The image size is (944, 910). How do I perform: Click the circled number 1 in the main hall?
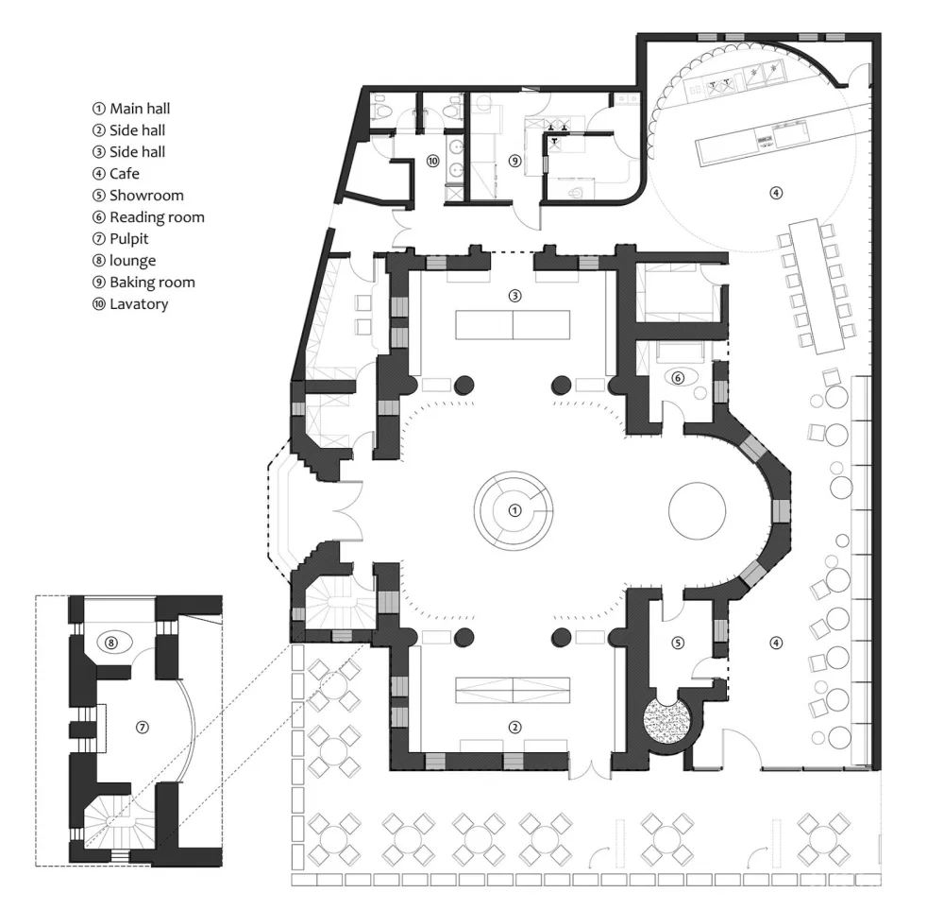tap(514, 510)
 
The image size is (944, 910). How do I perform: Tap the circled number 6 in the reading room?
tap(677, 377)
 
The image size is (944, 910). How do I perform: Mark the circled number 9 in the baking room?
tap(514, 161)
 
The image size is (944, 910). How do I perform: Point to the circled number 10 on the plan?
tap(432, 162)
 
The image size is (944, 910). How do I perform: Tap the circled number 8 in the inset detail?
tap(111, 642)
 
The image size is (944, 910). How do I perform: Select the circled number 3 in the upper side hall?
tap(514, 296)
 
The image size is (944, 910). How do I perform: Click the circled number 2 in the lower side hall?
tap(514, 727)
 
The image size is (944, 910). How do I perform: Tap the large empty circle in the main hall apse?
tap(697, 510)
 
